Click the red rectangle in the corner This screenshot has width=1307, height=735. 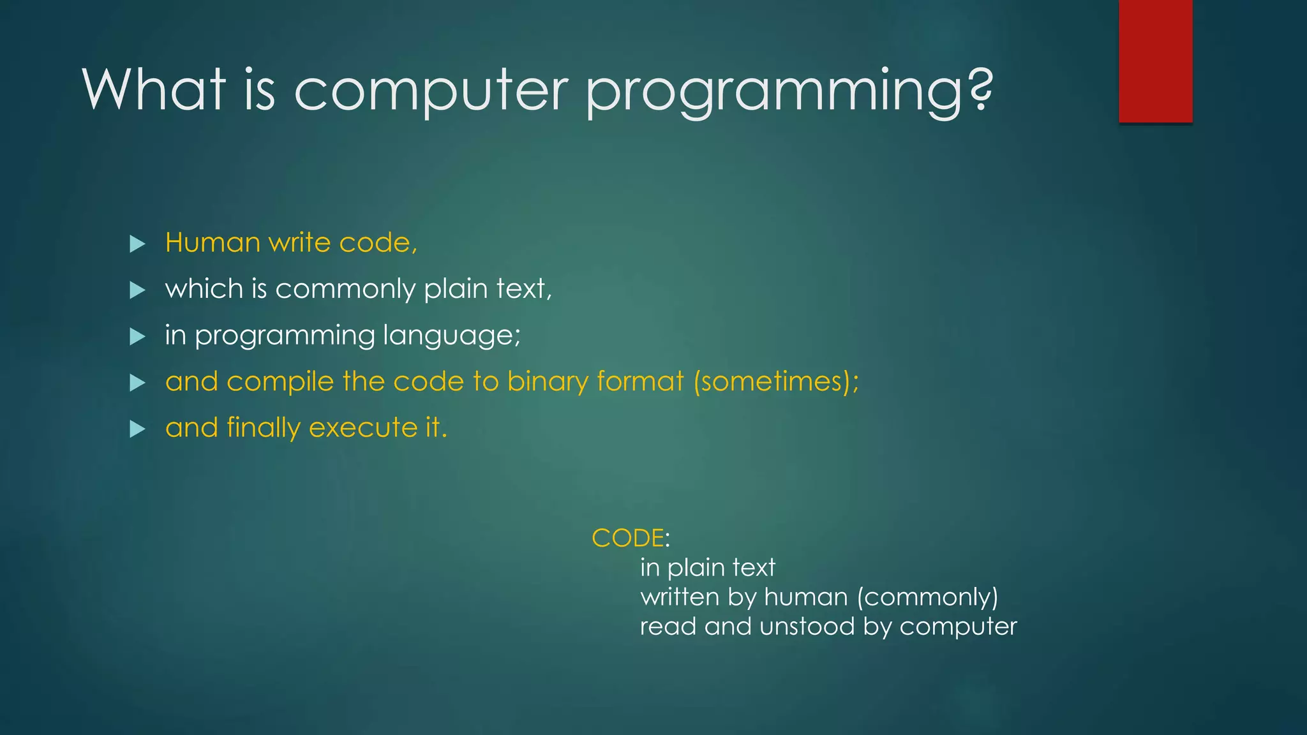tap(1155, 61)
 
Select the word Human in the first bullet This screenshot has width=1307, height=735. tap(212, 243)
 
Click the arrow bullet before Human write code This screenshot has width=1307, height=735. tap(137, 244)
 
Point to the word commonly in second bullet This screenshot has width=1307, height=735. tap(345, 290)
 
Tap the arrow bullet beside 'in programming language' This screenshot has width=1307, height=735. tap(137, 336)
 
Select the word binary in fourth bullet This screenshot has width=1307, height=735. tap(548, 382)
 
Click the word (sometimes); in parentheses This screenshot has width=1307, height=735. tap(776, 382)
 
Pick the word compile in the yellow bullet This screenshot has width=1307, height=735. tap(280, 382)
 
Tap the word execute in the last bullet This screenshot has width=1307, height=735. tap(363, 427)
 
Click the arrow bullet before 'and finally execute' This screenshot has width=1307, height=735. tap(137, 429)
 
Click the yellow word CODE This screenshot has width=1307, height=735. tap(627, 538)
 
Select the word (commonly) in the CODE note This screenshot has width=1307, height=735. tap(927, 597)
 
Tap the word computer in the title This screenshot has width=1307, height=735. tap(431, 91)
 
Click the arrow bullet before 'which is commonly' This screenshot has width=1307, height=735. tap(137, 290)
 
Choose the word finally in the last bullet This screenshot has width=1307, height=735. tap(263, 428)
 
